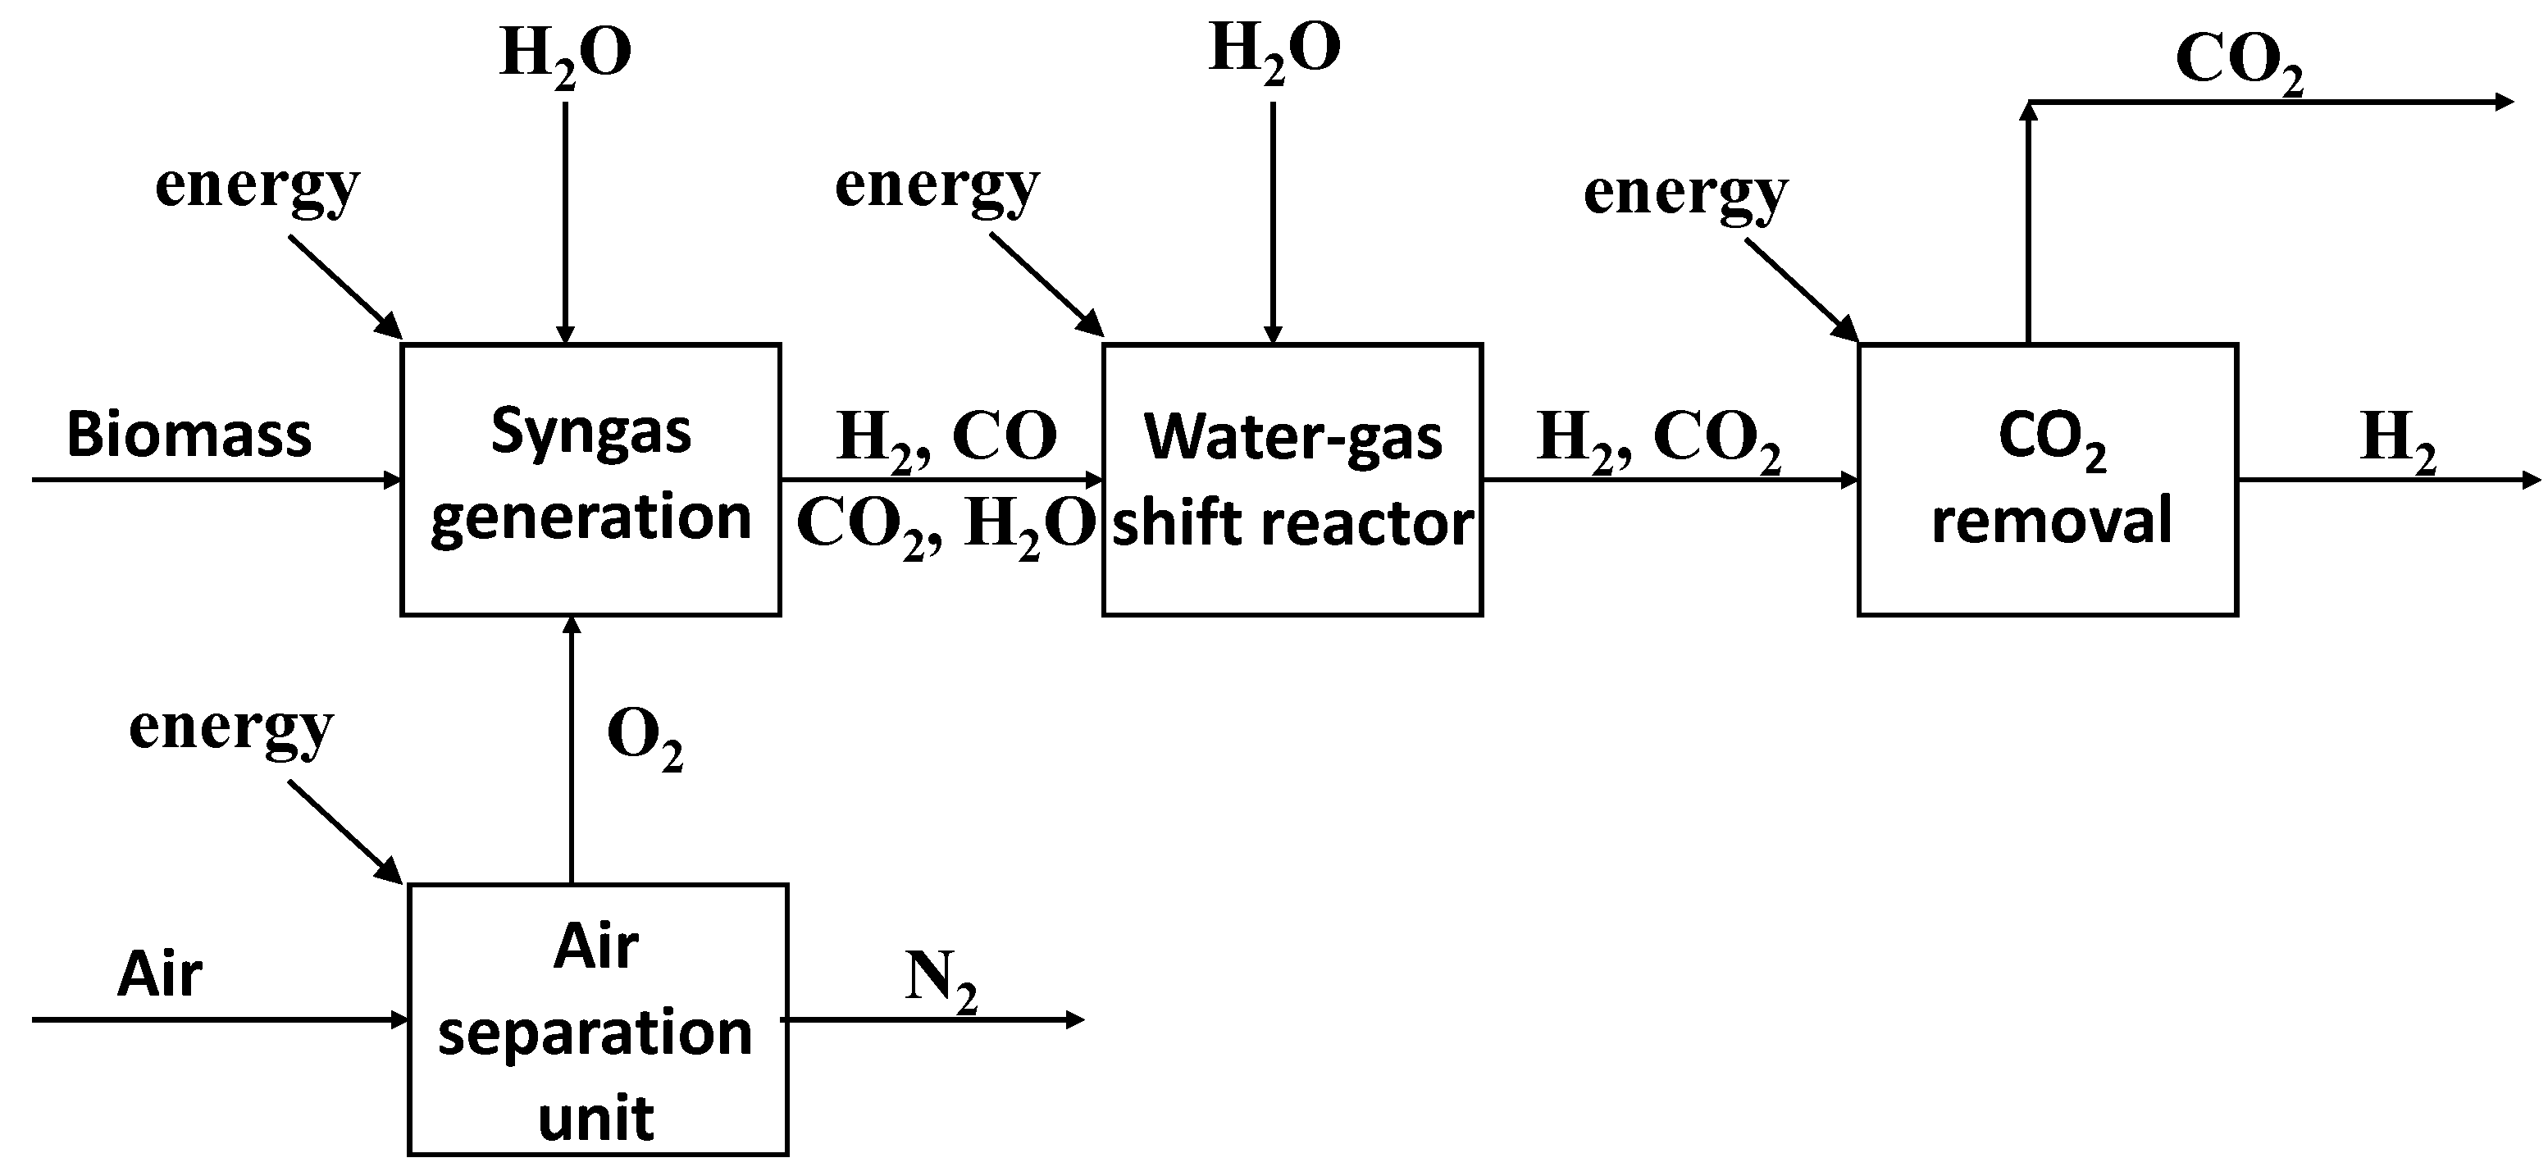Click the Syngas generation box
point(590,480)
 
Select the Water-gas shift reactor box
point(1292,480)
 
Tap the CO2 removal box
point(2048,480)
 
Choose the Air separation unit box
point(598,1019)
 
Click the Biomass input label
point(188,435)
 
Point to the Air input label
point(159,974)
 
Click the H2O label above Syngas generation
point(566,54)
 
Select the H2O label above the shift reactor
point(1274,49)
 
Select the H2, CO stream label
point(946,437)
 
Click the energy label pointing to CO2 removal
point(1684,193)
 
